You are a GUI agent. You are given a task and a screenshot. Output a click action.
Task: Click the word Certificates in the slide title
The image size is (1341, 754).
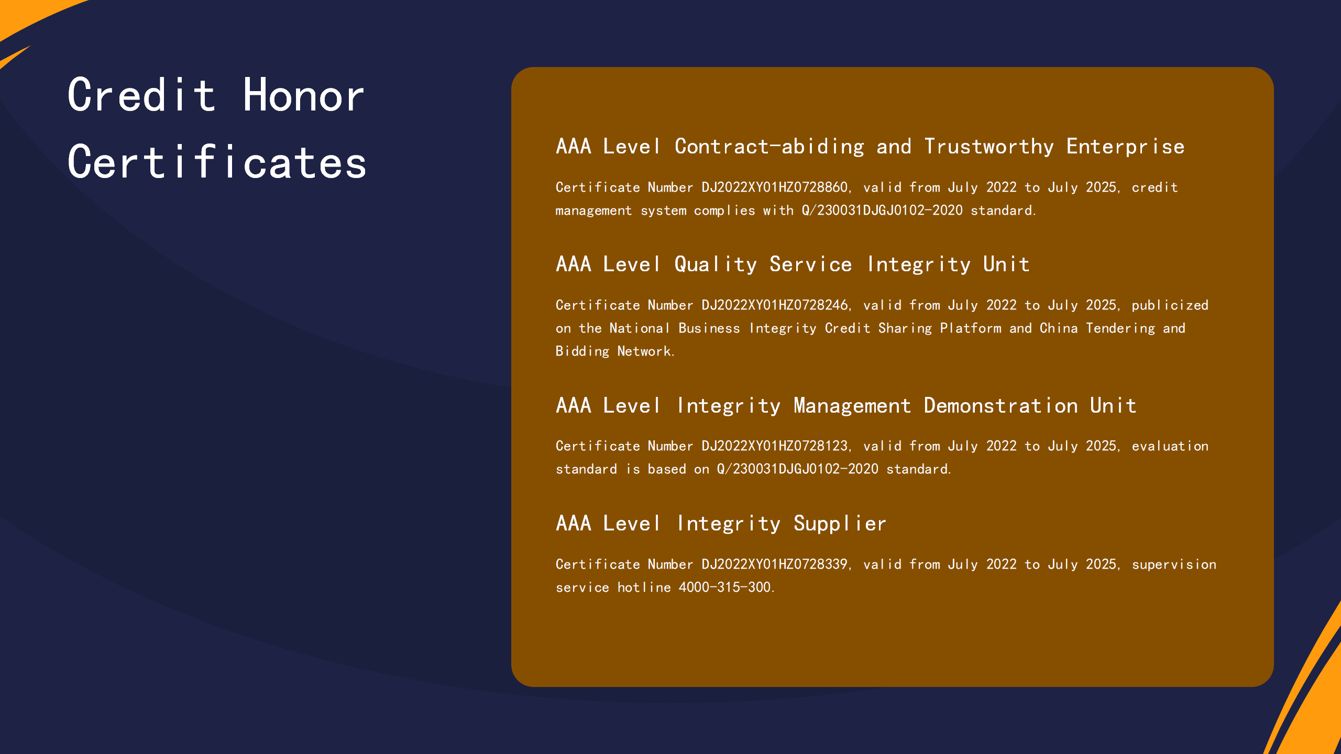point(217,162)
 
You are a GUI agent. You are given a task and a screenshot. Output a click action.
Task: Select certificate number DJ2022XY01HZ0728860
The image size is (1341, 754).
point(774,187)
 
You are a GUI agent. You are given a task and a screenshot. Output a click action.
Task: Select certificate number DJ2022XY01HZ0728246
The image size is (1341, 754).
point(774,305)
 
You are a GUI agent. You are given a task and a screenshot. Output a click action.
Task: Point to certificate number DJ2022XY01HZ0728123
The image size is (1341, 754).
point(774,446)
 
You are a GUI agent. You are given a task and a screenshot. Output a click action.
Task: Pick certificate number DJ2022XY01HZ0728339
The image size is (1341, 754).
point(774,564)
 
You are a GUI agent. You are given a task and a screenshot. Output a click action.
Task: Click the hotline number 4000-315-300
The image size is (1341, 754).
point(725,587)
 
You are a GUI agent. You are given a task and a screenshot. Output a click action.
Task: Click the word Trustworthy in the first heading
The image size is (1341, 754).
point(989,147)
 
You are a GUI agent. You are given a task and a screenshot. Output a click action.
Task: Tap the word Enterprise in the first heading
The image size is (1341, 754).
point(1126,147)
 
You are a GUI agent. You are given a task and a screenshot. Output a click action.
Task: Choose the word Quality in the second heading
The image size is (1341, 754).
point(716,265)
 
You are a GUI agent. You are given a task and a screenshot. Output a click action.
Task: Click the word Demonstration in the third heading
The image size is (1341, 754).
point(1001,406)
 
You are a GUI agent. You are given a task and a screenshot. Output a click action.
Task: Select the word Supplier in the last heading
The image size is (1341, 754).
point(840,524)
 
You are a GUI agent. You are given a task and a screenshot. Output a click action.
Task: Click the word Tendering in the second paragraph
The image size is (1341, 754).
point(1120,329)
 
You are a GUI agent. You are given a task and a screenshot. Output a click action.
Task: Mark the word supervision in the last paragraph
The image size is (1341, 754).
point(1174,565)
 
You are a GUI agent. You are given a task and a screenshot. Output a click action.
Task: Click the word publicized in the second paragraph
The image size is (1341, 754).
point(1170,306)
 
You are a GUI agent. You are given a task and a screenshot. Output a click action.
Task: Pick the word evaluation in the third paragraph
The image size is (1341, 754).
point(1170,446)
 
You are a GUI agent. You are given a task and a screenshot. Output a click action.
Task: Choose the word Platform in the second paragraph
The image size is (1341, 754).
point(971,328)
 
